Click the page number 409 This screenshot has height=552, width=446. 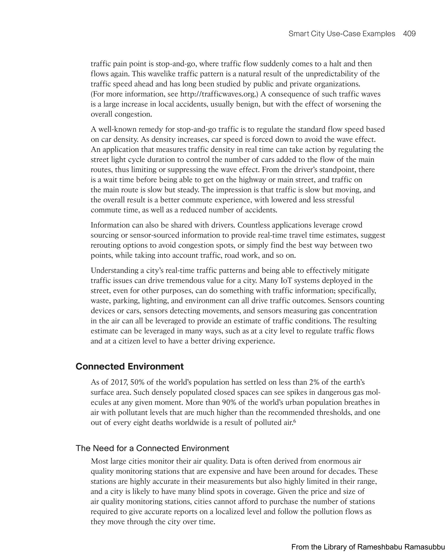pyautogui.click(x=409, y=34)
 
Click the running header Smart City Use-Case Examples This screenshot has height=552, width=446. pyautogui.click(x=342, y=34)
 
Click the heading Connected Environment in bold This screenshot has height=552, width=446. pyautogui.click(x=130, y=366)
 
